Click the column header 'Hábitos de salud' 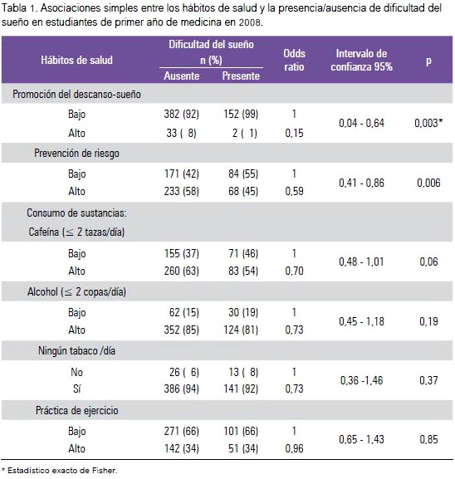(76, 60)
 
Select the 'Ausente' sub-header (182, 76)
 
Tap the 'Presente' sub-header (241, 76)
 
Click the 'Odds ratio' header (294, 60)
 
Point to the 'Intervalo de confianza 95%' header (361, 60)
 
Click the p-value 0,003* (428, 123)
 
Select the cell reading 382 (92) (182, 114)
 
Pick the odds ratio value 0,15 (294, 133)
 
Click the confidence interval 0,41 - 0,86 (361, 183)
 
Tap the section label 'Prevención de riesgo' (76, 153)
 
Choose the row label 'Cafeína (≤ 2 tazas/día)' (76, 232)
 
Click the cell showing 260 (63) (182, 271)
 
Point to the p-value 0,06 (428, 261)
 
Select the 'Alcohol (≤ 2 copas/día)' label (76, 291)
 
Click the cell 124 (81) (241, 330)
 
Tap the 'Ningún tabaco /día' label (76, 350)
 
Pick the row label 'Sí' (76, 389)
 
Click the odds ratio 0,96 (294, 448)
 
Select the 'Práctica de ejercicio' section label (76, 410)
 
